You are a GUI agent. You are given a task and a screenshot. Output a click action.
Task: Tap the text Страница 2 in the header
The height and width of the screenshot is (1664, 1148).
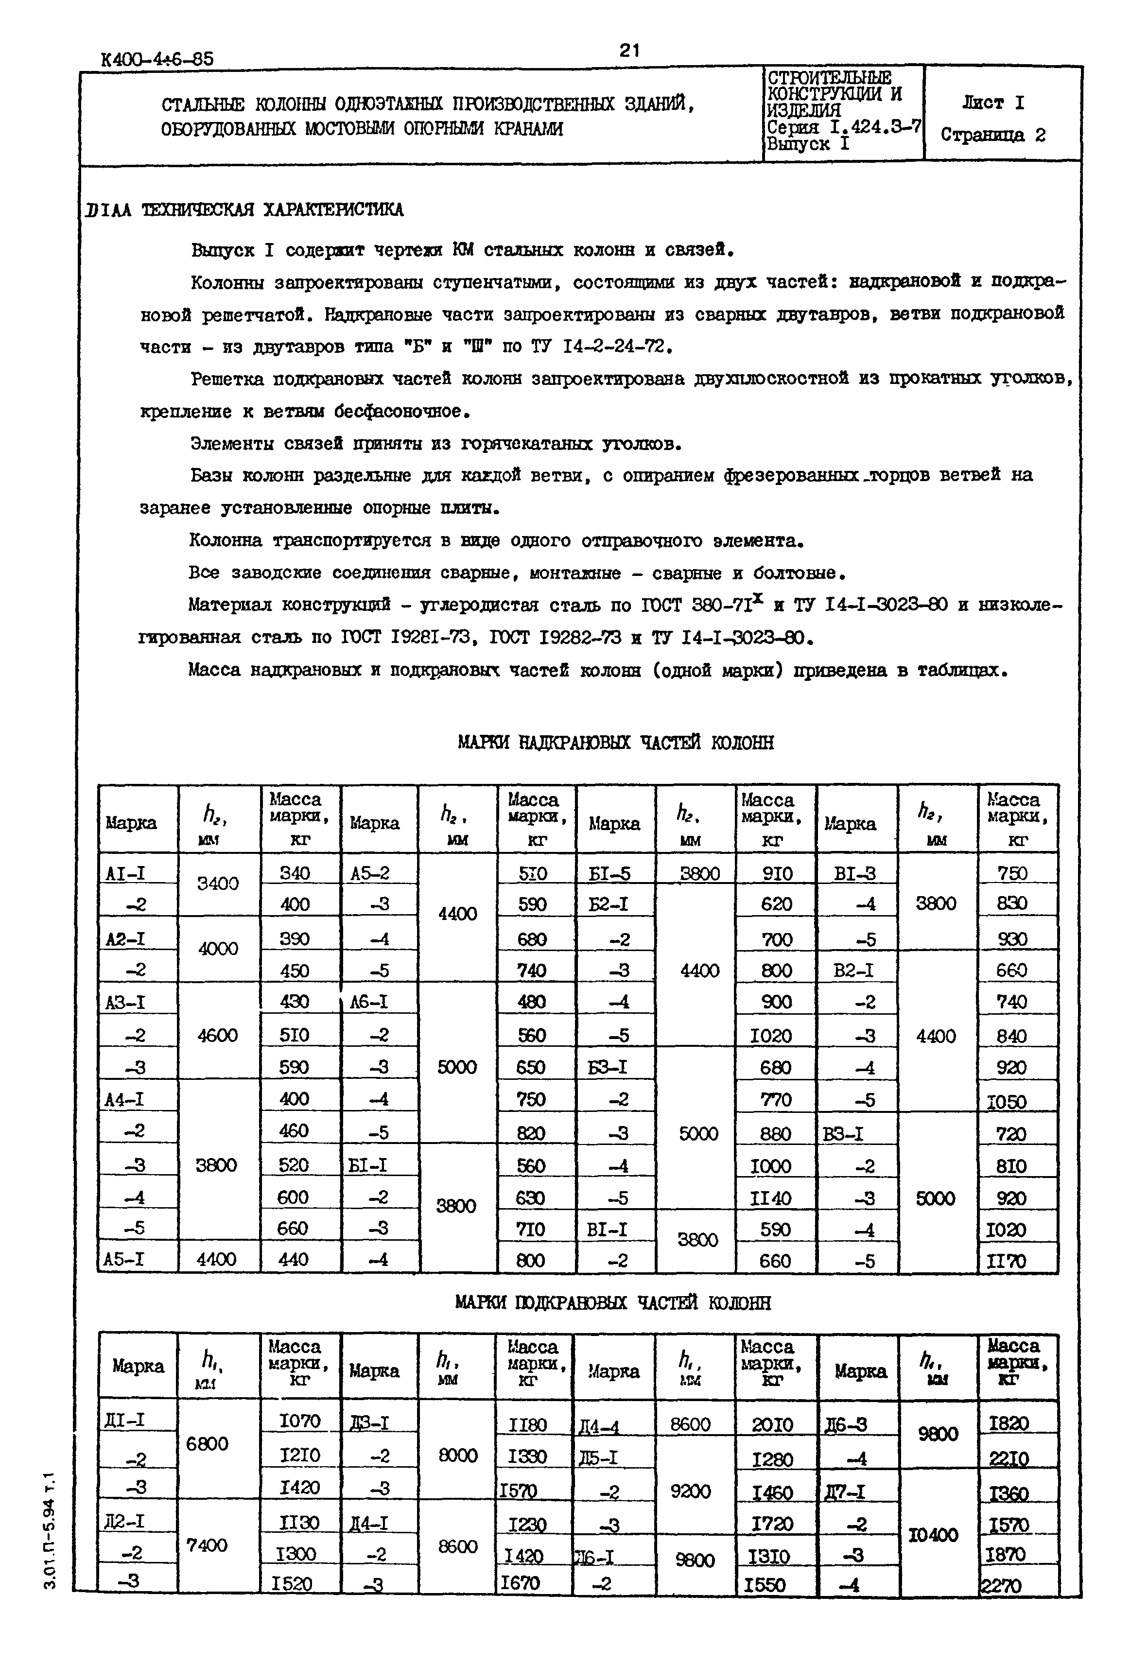point(992,135)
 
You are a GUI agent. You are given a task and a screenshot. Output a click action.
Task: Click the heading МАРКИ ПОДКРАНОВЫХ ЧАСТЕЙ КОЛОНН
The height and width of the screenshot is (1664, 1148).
point(613,1303)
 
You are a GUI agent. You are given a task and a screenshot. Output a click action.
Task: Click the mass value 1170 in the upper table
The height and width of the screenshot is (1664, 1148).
point(1007,1261)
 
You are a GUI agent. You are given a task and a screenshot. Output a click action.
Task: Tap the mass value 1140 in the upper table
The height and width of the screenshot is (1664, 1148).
point(771,1198)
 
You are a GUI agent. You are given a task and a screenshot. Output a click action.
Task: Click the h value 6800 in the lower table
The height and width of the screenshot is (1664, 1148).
point(207,1444)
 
